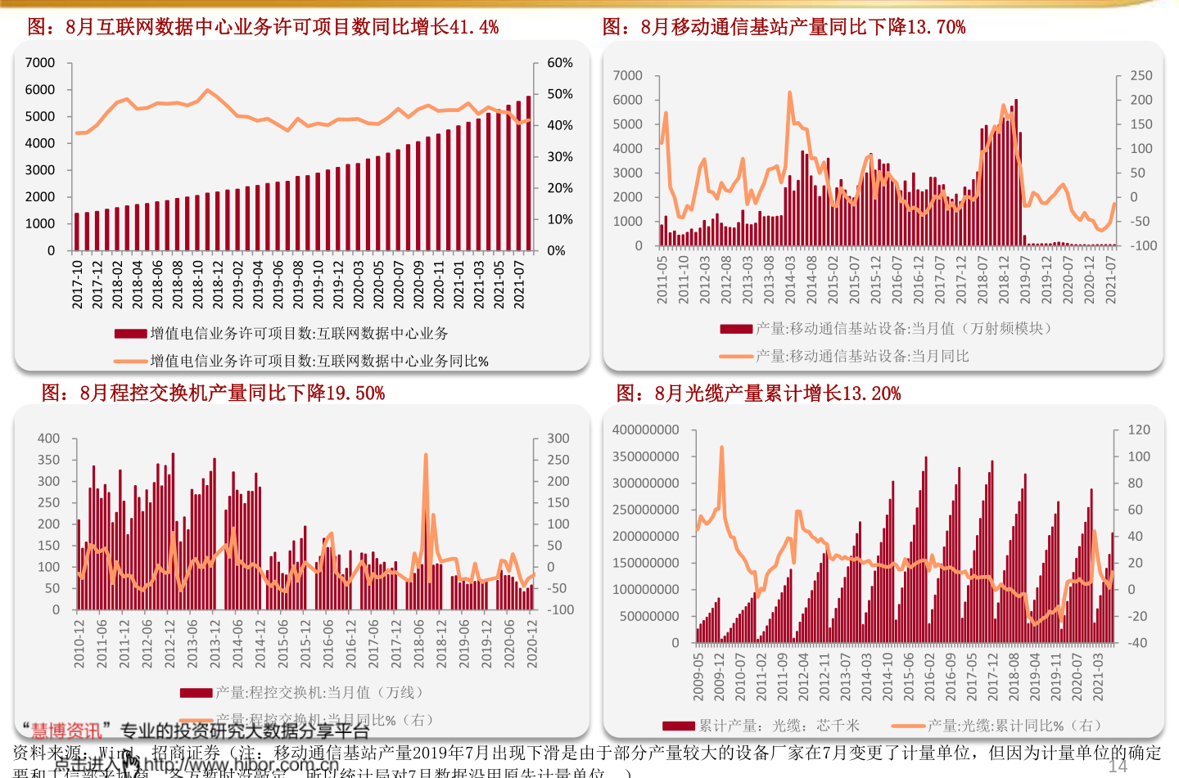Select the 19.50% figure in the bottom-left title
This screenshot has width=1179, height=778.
[x=355, y=393]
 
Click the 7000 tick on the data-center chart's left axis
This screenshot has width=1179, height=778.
[x=40, y=63]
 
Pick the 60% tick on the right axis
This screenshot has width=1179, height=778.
[x=560, y=63]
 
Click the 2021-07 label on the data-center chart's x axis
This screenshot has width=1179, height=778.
[x=519, y=284]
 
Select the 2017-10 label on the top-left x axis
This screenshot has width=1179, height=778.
[x=78, y=284]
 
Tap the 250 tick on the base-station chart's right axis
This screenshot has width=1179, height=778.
[x=1141, y=75]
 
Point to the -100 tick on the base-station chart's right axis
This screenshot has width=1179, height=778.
[x=1143, y=245]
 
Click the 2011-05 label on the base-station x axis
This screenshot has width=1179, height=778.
[x=662, y=280]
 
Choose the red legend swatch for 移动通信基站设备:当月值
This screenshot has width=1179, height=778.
[x=736, y=329]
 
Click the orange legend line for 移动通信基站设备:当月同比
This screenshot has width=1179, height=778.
[x=736, y=357]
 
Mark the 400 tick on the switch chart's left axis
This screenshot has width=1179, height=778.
[x=48, y=438]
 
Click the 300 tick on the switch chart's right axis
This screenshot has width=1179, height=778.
[x=558, y=438]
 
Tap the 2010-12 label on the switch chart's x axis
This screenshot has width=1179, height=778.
[x=79, y=644]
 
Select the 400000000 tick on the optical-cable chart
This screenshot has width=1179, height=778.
[x=646, y=430]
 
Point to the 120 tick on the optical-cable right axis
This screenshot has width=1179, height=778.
[x=1139, y=430]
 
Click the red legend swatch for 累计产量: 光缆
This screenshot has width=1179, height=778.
[x=679, y=726]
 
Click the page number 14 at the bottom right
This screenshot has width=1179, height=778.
[x=1118, y=766]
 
